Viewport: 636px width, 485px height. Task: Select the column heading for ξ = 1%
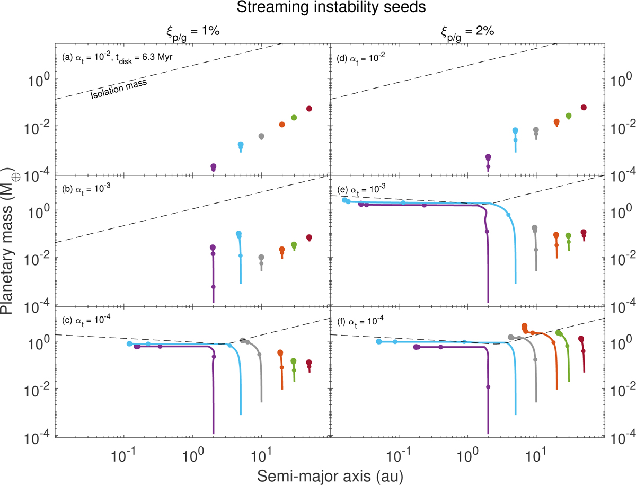click(x=191, y=31)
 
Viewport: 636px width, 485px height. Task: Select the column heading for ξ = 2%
click(x=466, y=31)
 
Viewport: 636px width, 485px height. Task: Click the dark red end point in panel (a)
click(x=309, y=109)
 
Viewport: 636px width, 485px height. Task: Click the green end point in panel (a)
click(x=294, y=118)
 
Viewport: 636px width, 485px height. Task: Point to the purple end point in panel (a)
click(x=213, y=166)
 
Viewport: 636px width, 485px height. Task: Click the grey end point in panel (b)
click(x=261, y=257)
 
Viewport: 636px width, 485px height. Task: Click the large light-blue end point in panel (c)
click(x=130, y=344)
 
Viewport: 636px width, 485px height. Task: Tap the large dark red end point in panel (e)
click(x=584, y=232)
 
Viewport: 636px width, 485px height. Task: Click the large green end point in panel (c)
click(x=294, y=361)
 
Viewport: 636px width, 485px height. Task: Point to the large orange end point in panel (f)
click(x=524, y=326)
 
